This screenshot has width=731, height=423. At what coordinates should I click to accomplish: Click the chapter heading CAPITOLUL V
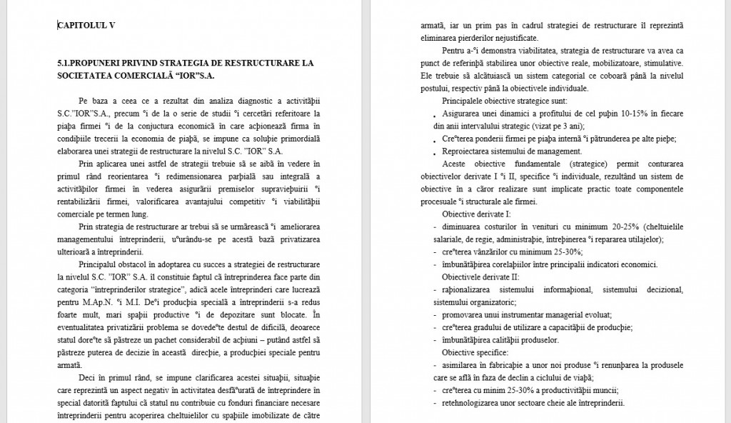click(86, 25)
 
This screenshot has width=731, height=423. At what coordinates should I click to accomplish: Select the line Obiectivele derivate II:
click(480, 277)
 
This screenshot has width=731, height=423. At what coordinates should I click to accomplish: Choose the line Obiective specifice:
click(475, 352)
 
